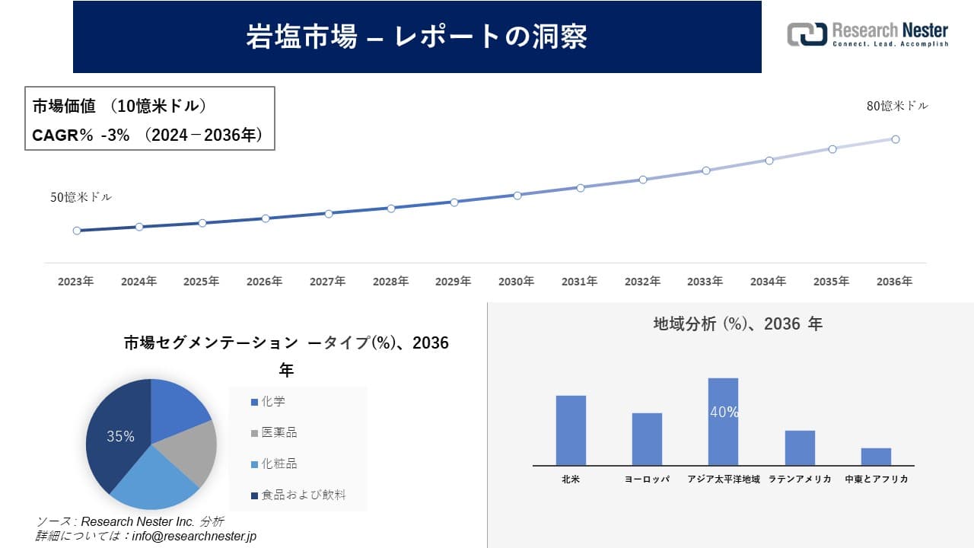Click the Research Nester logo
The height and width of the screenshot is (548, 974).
(867, 34)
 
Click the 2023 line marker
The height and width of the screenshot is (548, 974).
(77, 231)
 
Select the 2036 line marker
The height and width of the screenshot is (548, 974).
(896, 139)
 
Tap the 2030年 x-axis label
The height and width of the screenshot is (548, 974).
(516, 282)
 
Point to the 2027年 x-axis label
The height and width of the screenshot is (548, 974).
(327, 282)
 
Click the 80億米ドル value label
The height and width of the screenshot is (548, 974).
(897, 107)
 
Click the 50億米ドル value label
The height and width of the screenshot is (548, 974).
(81, 197)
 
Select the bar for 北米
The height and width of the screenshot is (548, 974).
(571, 430)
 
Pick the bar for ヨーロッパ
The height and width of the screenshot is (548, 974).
(647, 439)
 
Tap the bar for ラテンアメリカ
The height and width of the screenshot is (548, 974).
(800, 448)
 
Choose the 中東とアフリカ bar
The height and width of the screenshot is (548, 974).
(876, 457)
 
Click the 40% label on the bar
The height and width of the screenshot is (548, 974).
(724, 413)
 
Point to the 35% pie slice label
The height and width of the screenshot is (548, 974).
(120, 437)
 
